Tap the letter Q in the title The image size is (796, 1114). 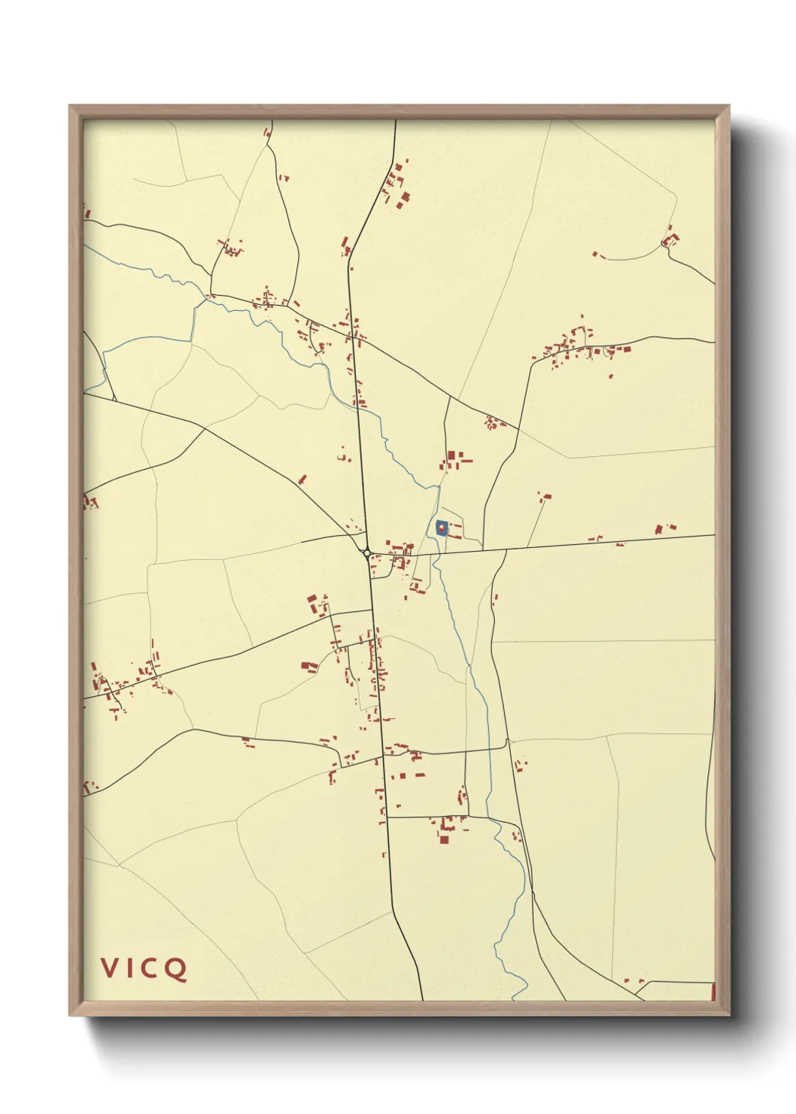coord(175,969)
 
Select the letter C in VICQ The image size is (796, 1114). coord(150,968)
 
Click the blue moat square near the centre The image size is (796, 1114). coord(442,528)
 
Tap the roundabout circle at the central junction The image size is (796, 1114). coord(366,553)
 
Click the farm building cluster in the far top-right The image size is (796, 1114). coord(670,239)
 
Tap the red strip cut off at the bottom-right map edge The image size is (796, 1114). coord(712,991)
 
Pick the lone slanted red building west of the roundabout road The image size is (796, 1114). coord(302,479)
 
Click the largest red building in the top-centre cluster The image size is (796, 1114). coord(404,199)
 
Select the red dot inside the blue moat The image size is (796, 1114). coord(442,528)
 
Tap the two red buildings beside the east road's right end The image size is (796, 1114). coord(664,528)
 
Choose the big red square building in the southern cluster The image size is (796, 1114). coord(444,839)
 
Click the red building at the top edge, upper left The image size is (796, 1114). coord(266,133)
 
